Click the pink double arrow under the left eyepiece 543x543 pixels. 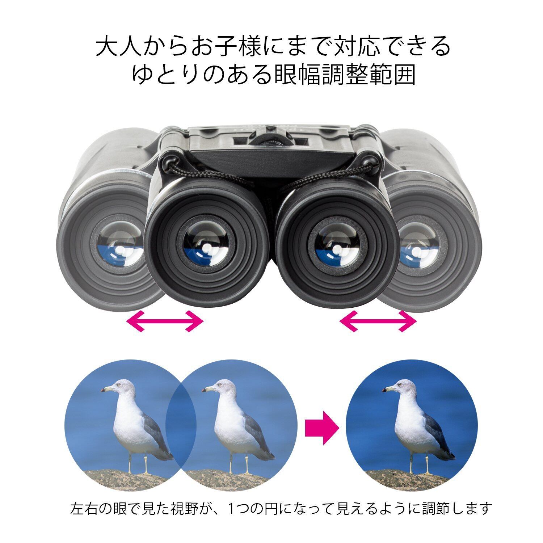point(165,320)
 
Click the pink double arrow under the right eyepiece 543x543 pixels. point(378,320)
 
